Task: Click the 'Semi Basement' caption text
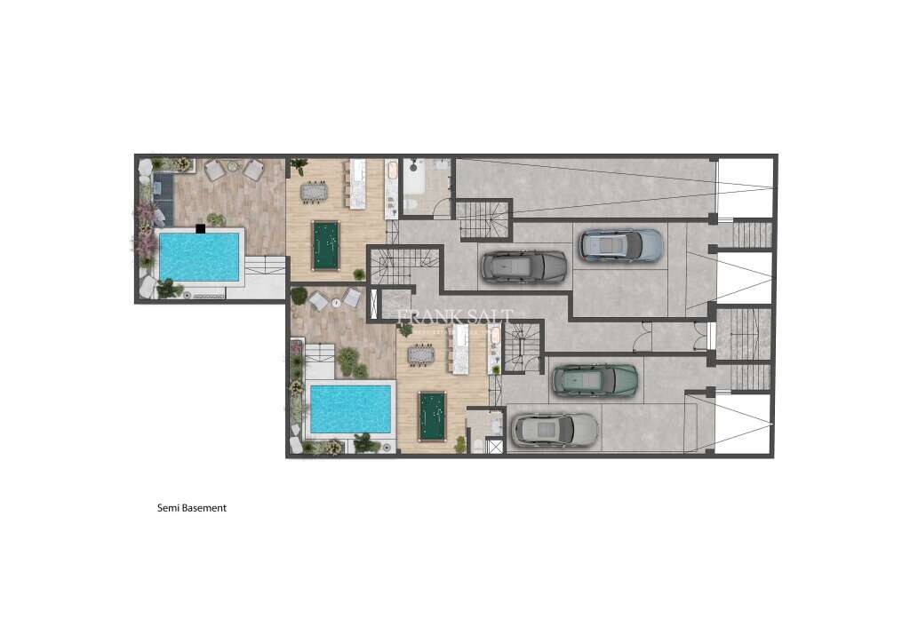click(192, 508)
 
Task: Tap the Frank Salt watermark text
click(453, 317)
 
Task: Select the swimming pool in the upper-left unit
click(199, 257)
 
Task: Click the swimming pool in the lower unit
click(350, 409)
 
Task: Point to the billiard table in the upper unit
click(324, 244)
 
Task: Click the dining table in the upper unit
click(314, 191)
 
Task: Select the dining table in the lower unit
click(421, 355)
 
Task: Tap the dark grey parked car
click(523, 266)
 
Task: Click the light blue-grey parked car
click(621, 245)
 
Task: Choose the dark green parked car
click(595, 380)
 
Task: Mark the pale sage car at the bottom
click(555, 430)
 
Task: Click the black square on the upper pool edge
click(201, 229)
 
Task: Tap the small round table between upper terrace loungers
click(234, 166)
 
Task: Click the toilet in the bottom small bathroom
click(477, 445)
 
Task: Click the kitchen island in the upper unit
click(358, 185)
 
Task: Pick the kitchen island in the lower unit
click(462, 350)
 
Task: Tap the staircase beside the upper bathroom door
click(483, 220)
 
